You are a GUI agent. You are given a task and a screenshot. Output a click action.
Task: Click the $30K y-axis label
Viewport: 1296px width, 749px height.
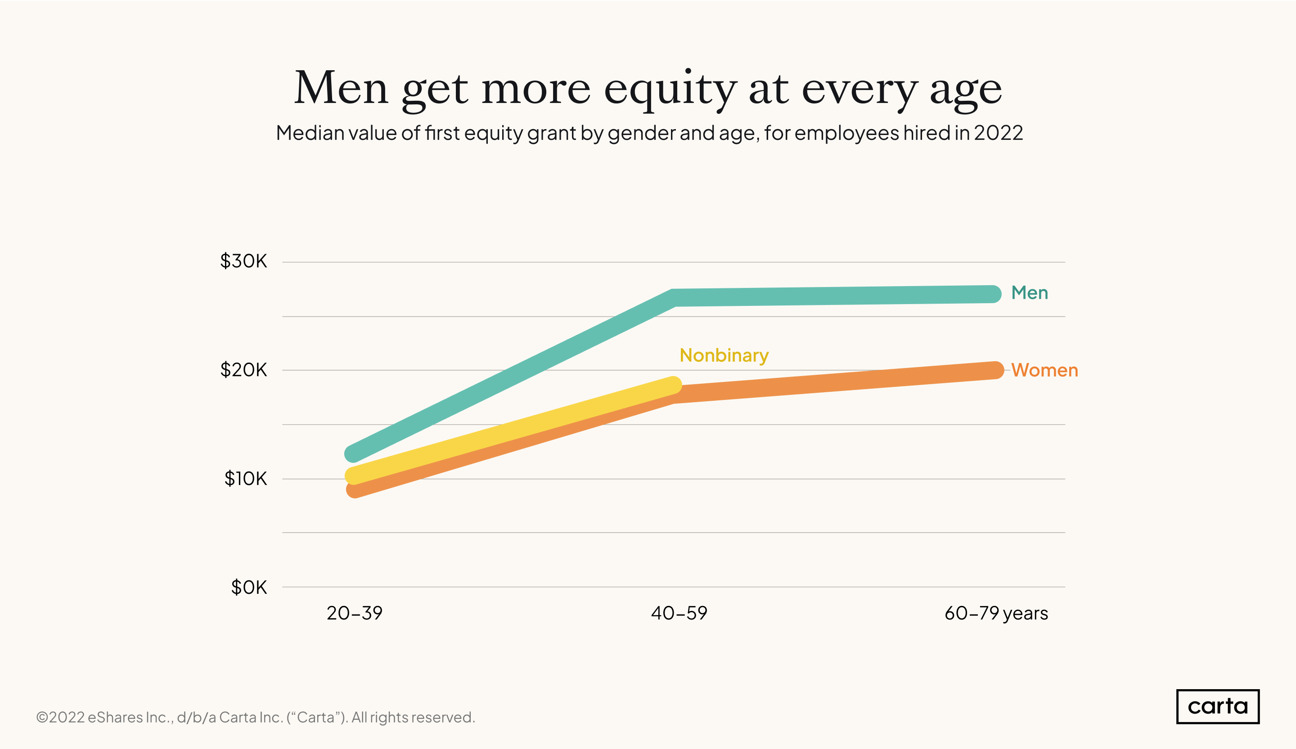pos(243,261)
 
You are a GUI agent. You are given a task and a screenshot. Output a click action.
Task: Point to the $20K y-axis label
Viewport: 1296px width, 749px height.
pos(243,370)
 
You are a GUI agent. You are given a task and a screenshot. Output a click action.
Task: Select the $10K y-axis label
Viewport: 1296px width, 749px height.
pos(245,479)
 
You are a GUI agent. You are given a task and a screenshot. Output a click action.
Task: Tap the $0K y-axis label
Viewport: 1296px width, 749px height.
pos(249,587)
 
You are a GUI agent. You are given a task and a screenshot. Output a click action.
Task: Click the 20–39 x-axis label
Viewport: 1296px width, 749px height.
pos(354,613)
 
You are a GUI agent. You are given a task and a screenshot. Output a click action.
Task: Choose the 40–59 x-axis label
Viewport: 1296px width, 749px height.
pos(679,613)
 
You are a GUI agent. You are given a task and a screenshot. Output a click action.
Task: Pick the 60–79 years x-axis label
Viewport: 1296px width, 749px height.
pos(996,613)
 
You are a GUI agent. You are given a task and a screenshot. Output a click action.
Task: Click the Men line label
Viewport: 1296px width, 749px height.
pos(1029,293)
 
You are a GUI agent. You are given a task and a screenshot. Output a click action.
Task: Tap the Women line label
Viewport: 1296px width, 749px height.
pos(1044,370)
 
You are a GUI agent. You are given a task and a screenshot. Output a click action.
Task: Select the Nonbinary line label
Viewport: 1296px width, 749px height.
pos(724,355)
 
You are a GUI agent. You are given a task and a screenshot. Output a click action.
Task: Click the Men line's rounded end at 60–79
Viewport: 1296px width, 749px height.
pos(993,294)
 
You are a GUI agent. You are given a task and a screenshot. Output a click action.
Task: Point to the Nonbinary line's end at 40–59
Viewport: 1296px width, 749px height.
pos(673,385)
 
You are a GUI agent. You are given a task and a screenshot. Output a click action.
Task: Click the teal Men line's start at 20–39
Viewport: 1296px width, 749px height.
pos(353,453)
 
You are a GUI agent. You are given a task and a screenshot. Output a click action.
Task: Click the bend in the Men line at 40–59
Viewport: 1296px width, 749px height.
pos(674,298)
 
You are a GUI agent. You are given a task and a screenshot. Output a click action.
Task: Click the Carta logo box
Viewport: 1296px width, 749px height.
pos(1217,706)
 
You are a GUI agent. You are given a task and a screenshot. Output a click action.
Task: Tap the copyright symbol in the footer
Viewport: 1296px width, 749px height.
pos(42,717)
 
